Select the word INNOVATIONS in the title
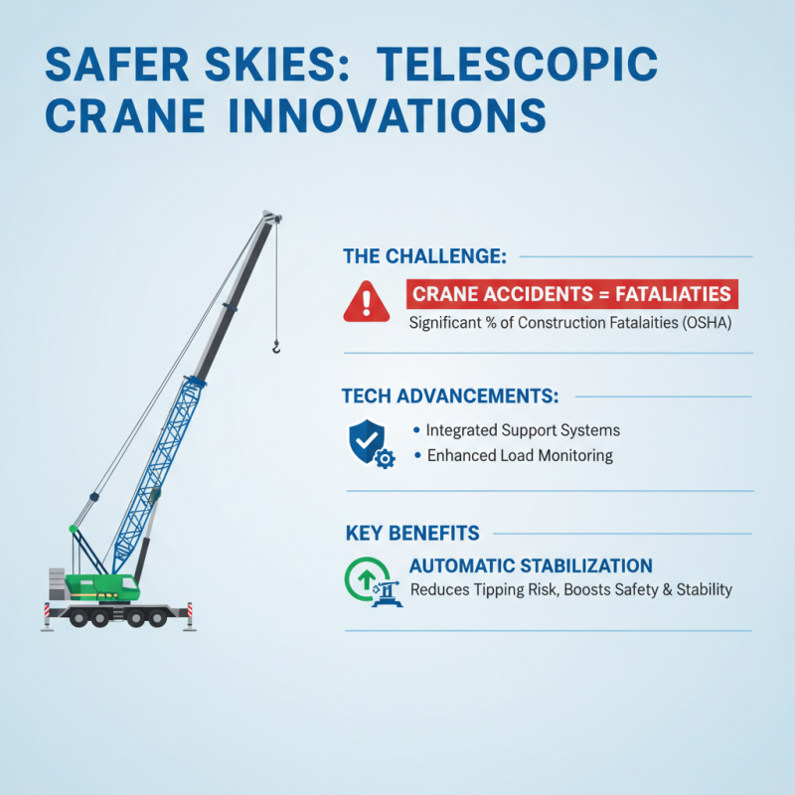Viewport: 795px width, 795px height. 377,117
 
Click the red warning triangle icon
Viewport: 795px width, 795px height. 367,300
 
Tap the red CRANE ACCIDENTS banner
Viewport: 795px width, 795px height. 571,294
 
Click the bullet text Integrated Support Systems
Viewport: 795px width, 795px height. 523,430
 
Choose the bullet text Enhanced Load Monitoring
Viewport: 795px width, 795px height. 520,456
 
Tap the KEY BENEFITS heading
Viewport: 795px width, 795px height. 412,533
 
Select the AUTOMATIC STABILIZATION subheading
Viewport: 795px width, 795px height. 531,565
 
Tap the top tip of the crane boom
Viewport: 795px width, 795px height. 270,216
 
